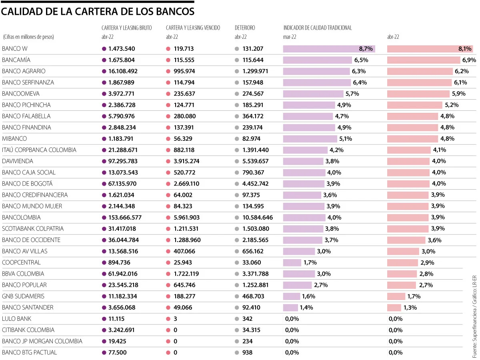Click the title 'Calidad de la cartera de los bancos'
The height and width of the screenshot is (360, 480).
click(x=98, y=12)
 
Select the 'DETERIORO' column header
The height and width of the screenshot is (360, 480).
click(x=245, y=28)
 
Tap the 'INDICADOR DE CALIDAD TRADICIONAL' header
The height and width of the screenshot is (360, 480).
click(x=318, y=28)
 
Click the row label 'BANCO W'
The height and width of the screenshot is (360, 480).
click(x=15, y=48)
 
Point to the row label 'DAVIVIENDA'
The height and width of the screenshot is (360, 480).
click(x=18, y=161)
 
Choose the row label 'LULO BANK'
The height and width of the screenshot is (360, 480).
click(x=17, y=319)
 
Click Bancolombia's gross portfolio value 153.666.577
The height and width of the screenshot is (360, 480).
click(x=125, y=218)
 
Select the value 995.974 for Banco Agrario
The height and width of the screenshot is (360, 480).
click(x=184, y=71)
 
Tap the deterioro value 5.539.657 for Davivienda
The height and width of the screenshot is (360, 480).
click(x=255, y=161)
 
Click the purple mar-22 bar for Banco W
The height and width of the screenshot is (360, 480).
click(x=329, y=49)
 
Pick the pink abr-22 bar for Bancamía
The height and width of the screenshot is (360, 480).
click(x=424, y=60)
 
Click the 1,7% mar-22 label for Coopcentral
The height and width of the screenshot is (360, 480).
click(x=310, y=262)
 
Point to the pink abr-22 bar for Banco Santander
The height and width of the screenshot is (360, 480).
click(x=394, y=308)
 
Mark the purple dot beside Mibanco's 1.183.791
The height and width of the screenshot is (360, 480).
click(x=104, y=139)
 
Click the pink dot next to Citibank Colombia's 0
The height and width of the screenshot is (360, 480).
click(x=168, y=330)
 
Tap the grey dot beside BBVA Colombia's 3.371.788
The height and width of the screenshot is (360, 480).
click(x=237, y=274)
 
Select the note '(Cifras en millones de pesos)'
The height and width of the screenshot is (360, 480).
click(x=28, y=37)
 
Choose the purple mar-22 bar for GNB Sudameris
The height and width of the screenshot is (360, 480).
click(x=292, y=296)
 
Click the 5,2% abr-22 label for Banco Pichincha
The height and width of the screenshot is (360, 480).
click(x=452, y=105)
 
